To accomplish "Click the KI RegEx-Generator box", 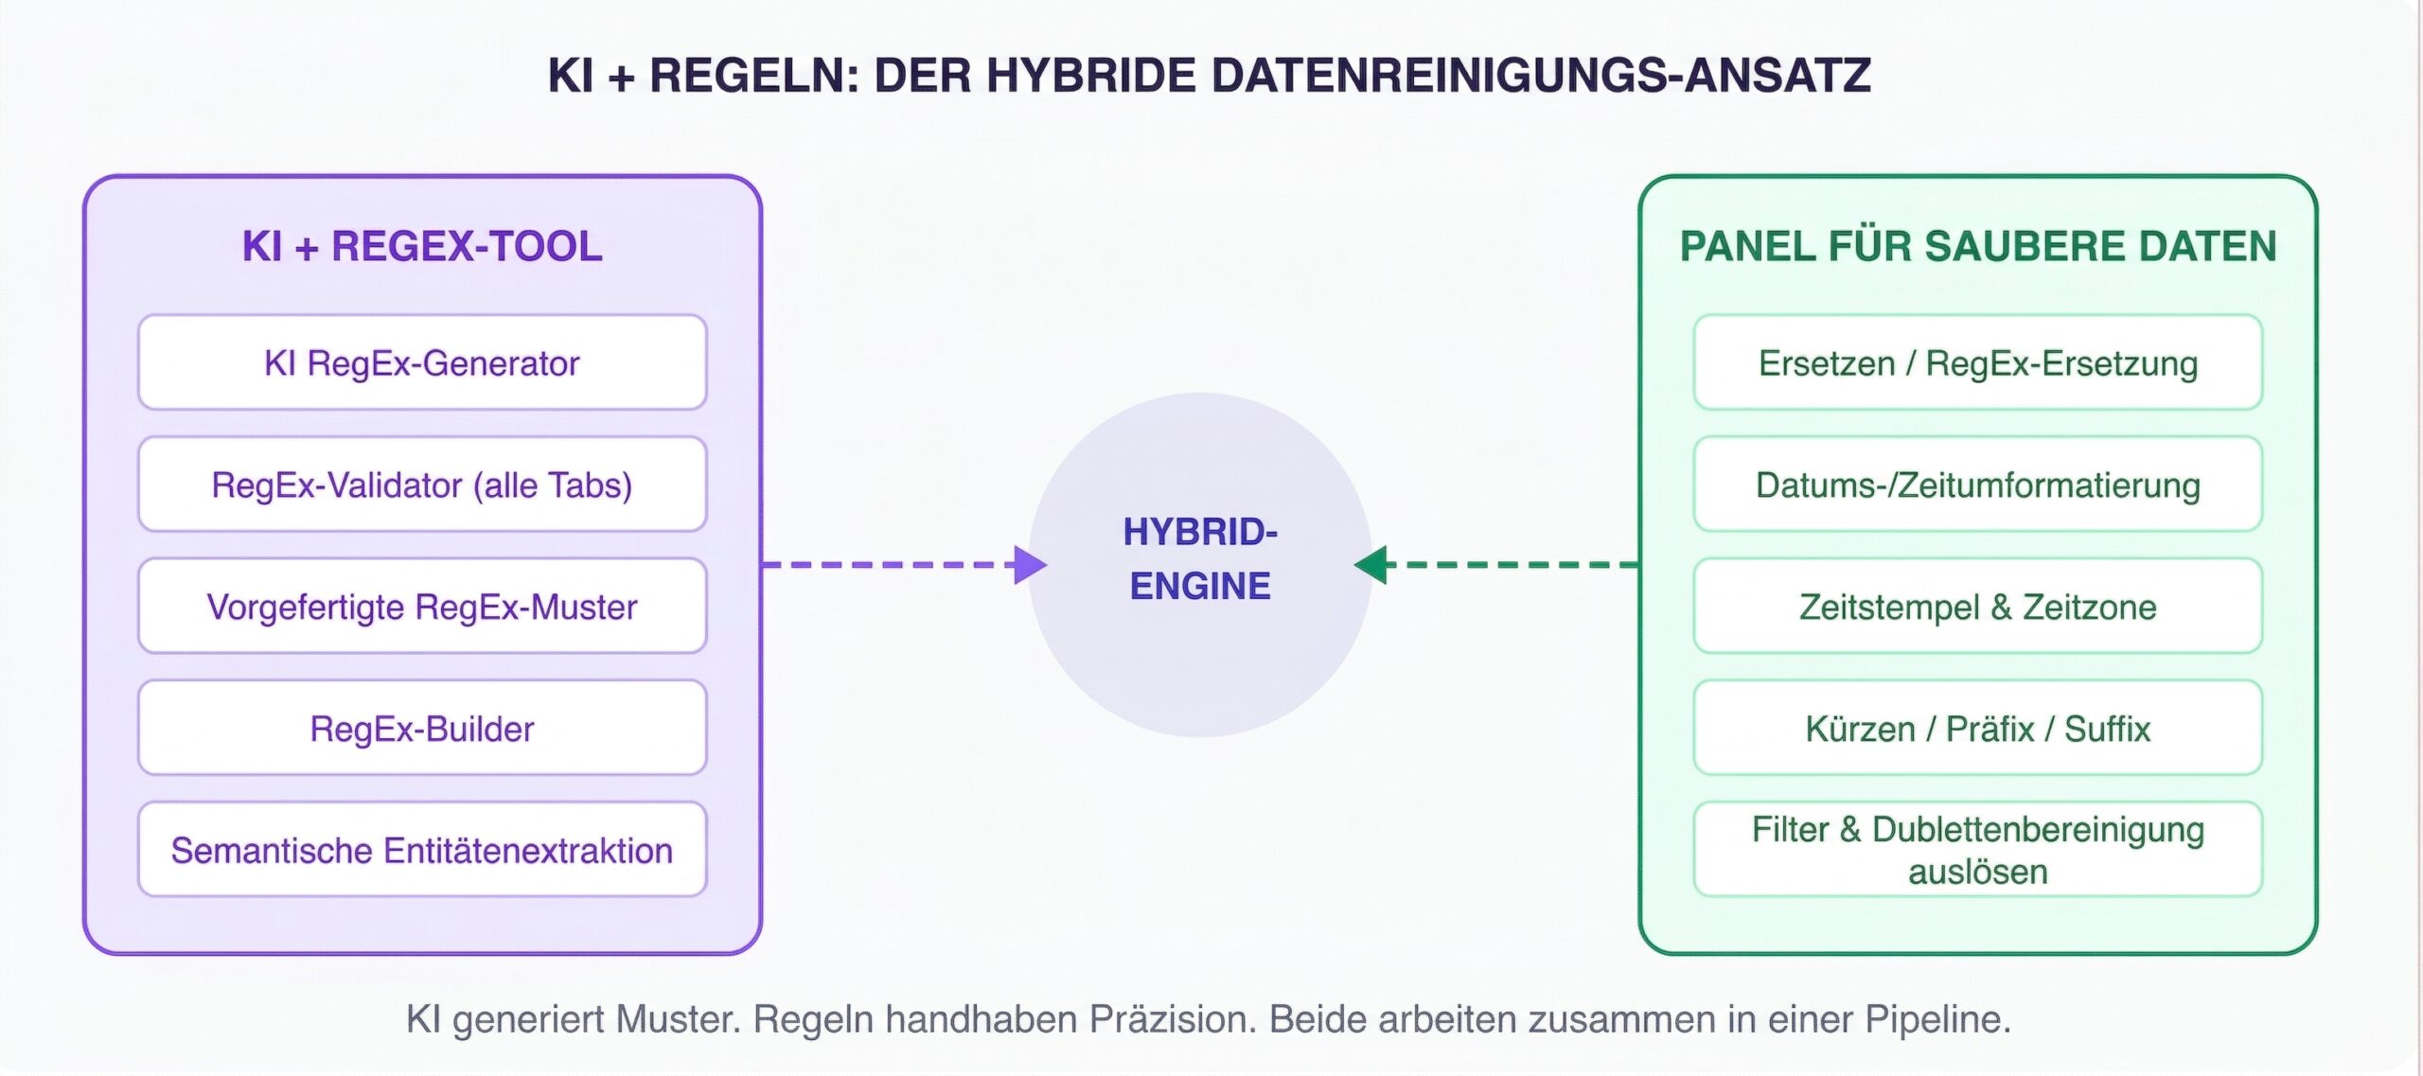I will (x=422, y=363).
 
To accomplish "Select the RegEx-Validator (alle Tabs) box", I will (x=422, y=485).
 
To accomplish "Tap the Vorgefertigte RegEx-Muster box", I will (x=422, y=607).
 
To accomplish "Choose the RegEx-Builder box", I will (x=422, y=729).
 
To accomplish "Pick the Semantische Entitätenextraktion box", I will (x=422, y=850).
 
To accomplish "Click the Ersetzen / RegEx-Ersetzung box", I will (x=1977, y=363).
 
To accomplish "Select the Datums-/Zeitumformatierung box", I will (x=1977, y=485).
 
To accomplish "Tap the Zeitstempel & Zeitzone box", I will (x=1977, y=607).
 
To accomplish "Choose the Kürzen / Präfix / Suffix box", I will (x=1977, y=729).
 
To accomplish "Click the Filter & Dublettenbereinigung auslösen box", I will (x=1977, y=850).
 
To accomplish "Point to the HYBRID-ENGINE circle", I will (x=1200, y=565).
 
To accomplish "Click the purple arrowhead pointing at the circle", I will (x=1030, y=565).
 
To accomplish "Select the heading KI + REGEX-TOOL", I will (x=422, y=246).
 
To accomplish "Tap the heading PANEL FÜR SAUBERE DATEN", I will (x=1977, y=246).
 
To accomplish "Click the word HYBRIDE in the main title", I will (x=1091, y=76).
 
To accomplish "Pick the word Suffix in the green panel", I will (x=2107, y=729).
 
